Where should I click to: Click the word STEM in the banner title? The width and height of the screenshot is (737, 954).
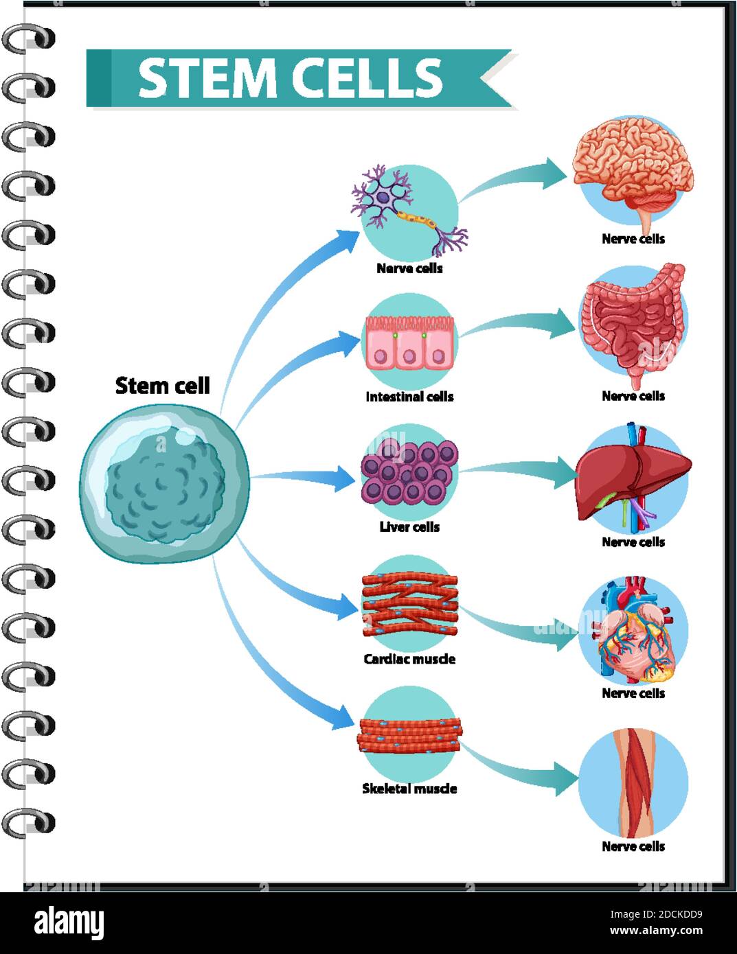(207, 78)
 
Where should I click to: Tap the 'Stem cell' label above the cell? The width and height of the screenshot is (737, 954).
(162, 386)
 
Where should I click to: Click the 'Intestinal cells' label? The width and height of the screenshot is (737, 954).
(409, 397)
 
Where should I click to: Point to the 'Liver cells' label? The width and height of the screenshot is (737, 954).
(409, 527)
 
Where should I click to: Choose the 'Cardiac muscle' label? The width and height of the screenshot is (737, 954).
(409, 659)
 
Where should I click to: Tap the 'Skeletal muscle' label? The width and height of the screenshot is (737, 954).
(409, 789)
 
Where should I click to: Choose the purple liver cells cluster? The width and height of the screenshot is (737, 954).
(409, 472)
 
